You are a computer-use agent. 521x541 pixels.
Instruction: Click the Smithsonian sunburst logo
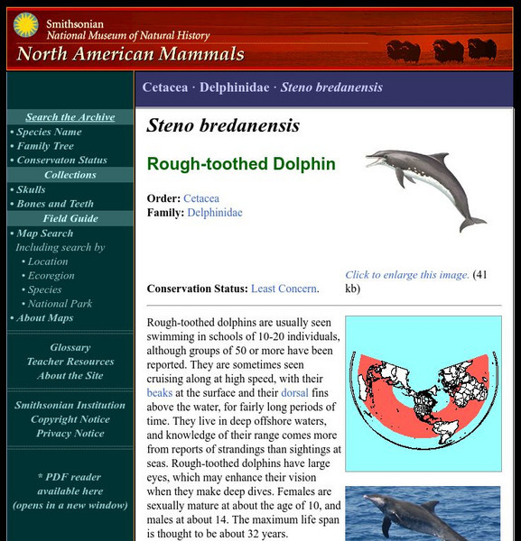25,26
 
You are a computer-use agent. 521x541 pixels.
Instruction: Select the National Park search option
60,304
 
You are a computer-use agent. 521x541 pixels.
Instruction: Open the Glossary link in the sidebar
70,347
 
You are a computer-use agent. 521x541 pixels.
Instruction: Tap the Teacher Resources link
70,362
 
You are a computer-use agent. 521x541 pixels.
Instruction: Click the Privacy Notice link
70,434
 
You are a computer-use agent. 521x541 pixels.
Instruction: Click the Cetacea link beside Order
201,198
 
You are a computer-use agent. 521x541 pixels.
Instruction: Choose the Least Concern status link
284,289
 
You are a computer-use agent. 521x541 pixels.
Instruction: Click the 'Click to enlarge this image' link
406,275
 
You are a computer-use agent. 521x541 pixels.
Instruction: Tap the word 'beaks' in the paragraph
162,394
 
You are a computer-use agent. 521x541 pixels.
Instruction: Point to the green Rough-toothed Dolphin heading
241,164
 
